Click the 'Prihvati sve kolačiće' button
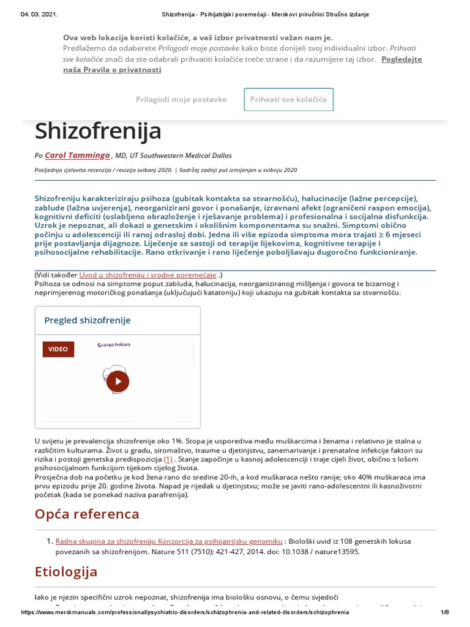point(289,99)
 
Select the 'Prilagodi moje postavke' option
point(181,99)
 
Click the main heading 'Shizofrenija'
point(98,130)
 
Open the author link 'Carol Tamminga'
point(77,156)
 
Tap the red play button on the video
point(117,382)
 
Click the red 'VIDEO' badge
point(58,349)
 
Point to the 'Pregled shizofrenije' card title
point(88,320)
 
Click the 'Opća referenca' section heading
point(87,513)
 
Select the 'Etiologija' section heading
point(66,572)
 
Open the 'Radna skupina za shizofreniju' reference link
point(169,541)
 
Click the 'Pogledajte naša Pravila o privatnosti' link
point(242,64)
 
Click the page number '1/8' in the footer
point(444,612)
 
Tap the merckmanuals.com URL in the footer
point(185,612)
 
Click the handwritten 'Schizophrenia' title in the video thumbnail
point(114,345)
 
